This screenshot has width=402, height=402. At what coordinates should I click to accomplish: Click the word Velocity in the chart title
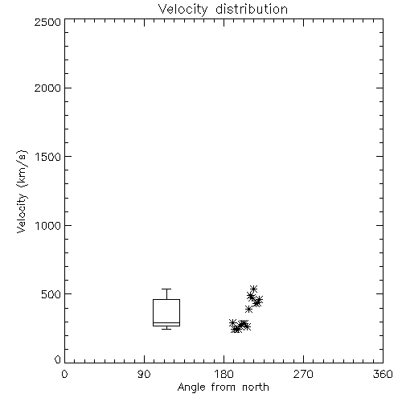[183, 10]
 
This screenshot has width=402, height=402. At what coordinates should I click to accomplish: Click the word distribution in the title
[252, 9]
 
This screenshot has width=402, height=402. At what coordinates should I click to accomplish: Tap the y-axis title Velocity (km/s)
[22, 192]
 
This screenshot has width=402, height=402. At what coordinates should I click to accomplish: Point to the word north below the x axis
[256, 388]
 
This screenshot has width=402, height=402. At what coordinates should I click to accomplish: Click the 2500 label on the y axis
[47, 22]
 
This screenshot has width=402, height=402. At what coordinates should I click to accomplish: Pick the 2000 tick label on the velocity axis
[47, 88]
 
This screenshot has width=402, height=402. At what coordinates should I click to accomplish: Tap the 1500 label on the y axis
[48, 157]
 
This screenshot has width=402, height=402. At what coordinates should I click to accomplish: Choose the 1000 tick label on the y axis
[48, 225]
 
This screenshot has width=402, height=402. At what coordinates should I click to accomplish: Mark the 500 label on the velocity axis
[51, 294]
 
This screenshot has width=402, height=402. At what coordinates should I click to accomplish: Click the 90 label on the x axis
[144, 375]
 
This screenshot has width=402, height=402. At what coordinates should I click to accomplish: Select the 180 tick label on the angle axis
[224, 375]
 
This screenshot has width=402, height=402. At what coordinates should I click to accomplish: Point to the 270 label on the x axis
[303, 375]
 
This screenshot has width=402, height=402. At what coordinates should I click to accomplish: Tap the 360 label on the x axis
[383, 375]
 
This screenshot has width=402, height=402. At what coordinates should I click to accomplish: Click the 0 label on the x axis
[64, 375]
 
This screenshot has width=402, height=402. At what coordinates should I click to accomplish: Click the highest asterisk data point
[253, 289]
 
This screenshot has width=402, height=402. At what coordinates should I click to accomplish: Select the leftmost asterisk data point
[232, 322]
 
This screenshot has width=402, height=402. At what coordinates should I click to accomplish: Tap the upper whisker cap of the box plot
[166, 289]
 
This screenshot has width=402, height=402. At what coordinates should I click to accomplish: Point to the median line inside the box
[166, 323]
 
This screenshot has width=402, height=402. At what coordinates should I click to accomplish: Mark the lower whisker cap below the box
[166, 329]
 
